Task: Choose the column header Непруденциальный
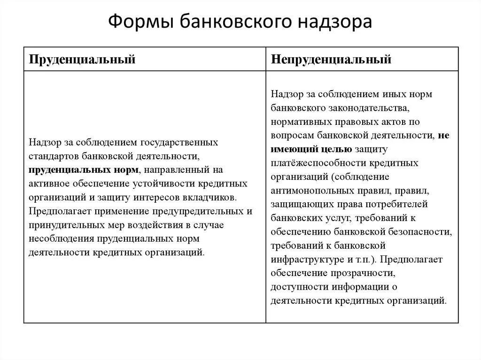coord(331,59)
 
